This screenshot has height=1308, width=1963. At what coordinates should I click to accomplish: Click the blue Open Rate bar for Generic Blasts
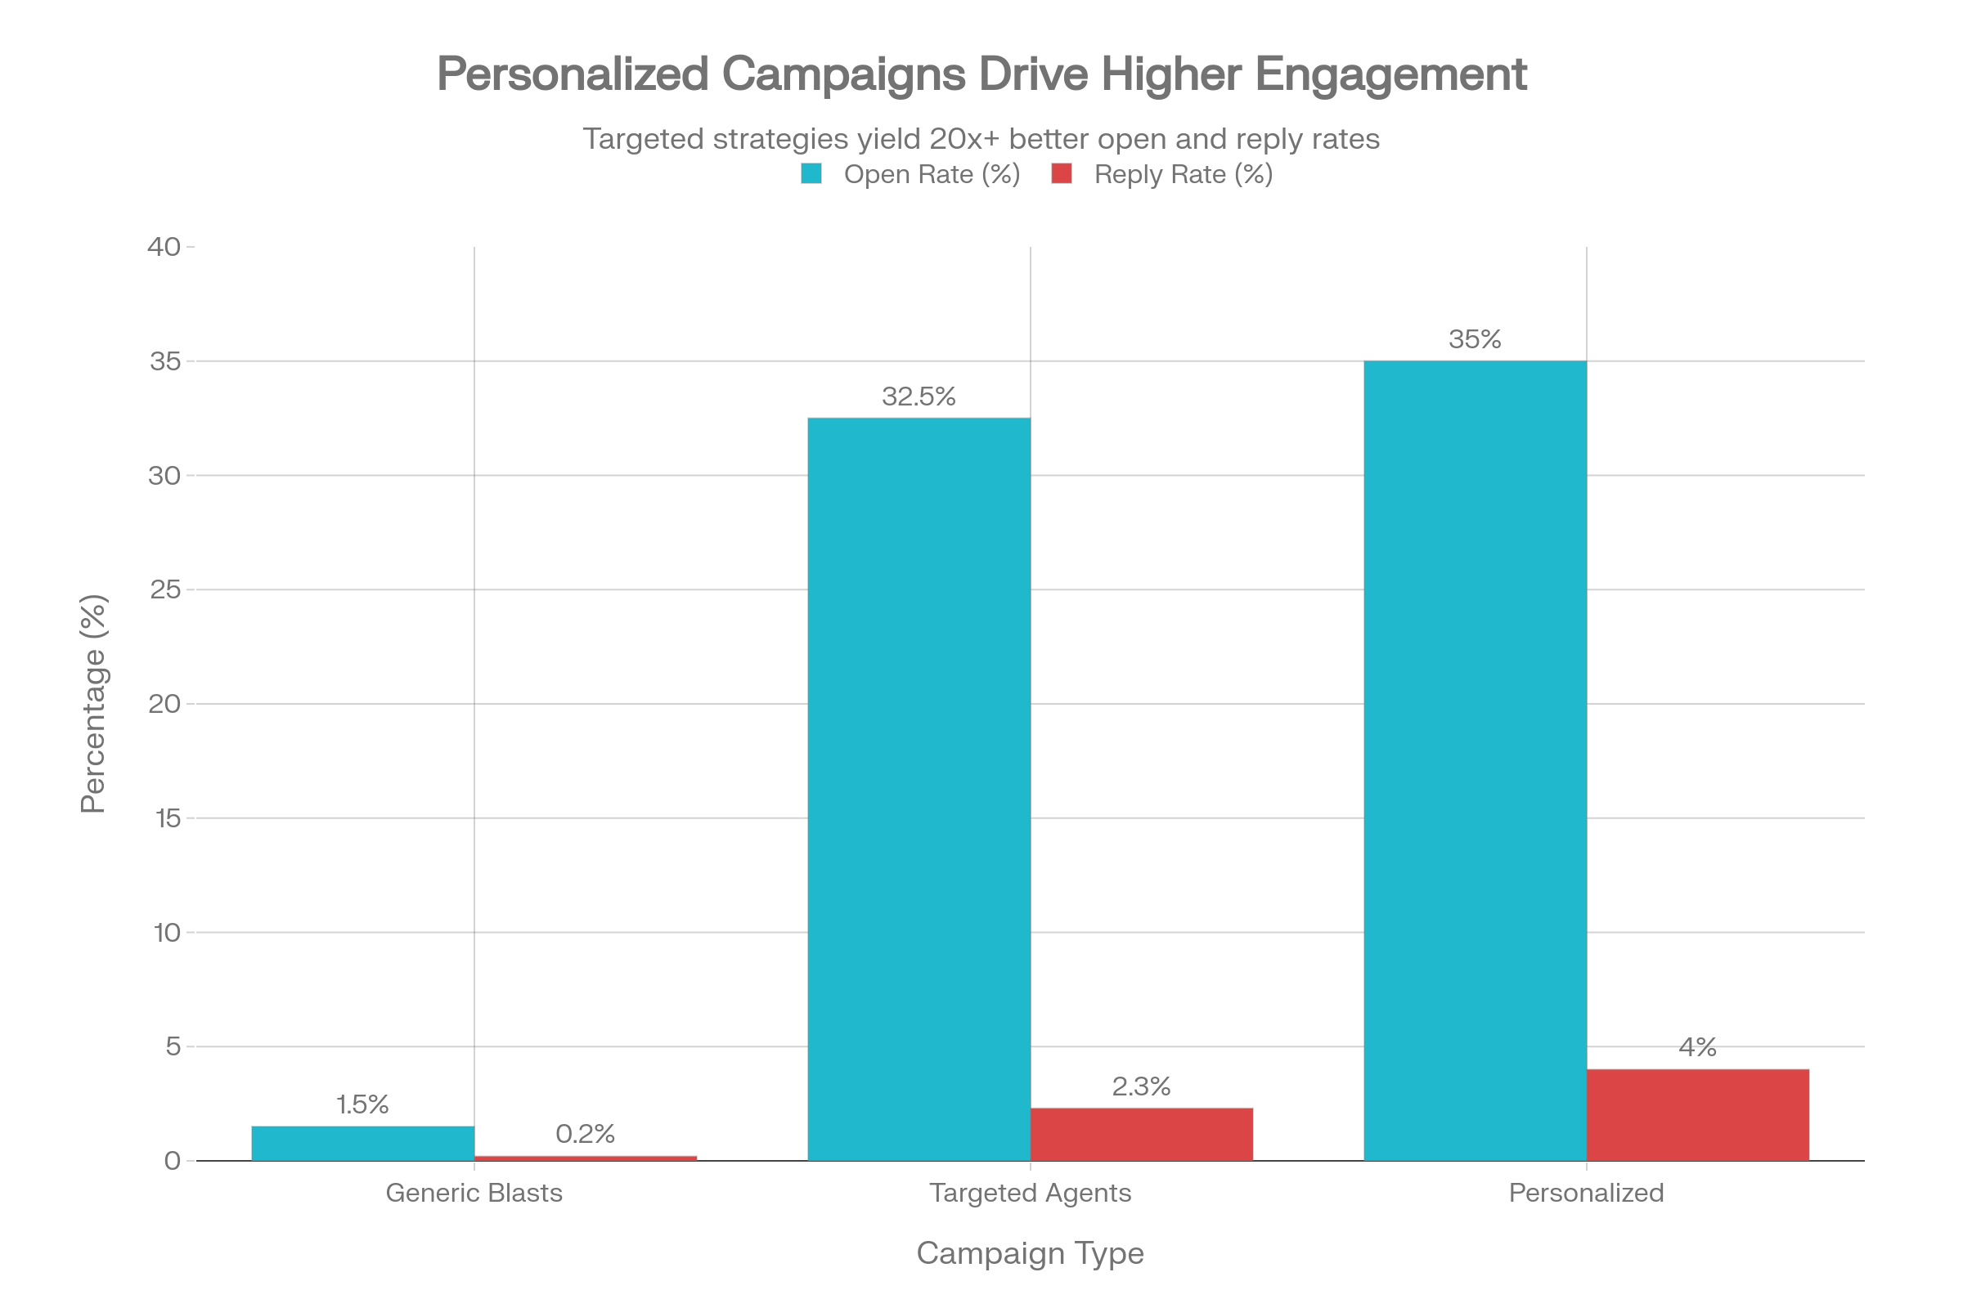pyautogui.click(x=362, y=1143)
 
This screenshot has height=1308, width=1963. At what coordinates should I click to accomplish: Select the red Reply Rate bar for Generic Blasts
pyautogui.click(x=585, y=1158)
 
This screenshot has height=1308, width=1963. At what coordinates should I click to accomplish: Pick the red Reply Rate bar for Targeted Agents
pyautogui.click(x=1141, y=1134)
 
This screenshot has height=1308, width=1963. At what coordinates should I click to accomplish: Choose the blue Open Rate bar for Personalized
pyautogui.click(x=1475, y=760)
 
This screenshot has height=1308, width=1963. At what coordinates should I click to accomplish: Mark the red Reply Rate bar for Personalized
pyautogui.click(x=1698, y=1114)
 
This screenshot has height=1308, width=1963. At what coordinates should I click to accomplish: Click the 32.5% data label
pyautogui.click(x=918, y=396)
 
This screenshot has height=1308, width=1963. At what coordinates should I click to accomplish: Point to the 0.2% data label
pyautogui.click(x=585, y=1134)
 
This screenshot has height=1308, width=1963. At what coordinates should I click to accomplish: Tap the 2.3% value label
pyautogui.click(x=1141, y=1086)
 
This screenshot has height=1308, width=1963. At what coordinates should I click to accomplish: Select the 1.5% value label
pyautogui.click(x=362, y=1104)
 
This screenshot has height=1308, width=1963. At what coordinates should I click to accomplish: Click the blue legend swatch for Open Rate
pyautogui.click(x=811, y=173)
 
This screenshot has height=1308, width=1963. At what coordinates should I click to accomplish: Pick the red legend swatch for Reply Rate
pyautogui.click(x=1061, y=173)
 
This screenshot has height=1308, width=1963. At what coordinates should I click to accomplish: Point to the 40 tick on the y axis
pyautogui.click(x=164, y=247)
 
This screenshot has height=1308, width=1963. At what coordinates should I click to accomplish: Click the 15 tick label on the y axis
pyautogui.click(x=167, y=818)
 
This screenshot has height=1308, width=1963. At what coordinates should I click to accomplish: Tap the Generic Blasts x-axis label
pyautogui.click(x=474, y=1193)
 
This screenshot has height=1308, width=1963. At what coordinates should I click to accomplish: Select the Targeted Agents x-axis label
pyautogui.click(x=1030, y=1193)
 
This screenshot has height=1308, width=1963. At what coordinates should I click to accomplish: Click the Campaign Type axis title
pyautogui.click(x=1030, y=1253)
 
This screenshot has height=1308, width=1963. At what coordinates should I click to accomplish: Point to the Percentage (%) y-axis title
pyautogui.click(x=93, y=703)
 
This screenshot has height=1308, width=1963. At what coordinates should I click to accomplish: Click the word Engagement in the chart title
pyautogui.click(x=1390, y=75)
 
